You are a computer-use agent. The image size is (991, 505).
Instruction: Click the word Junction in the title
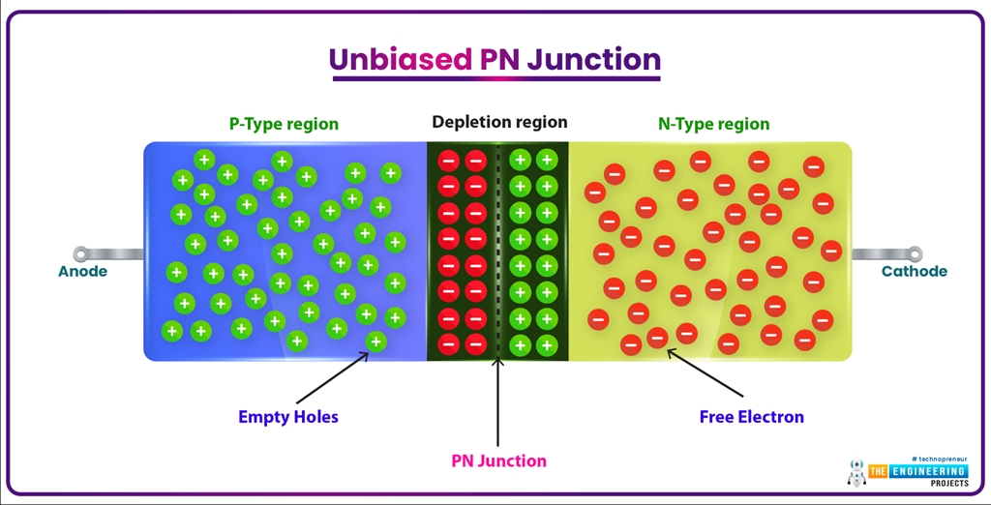click(591, 59)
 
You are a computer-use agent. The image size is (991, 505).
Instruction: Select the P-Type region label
click(284, 124)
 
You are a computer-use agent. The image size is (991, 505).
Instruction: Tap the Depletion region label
click(499, 122)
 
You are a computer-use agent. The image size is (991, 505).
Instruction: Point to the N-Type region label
click(714, 124)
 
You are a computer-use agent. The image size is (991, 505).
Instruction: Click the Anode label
click(82, 272)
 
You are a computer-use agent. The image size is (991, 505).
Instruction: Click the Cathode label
click(914, 272)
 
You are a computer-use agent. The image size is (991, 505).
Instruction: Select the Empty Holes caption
click(288, 418)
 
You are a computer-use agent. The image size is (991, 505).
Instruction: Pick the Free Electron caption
click(751, 418)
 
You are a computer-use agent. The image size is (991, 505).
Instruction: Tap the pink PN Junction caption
click(498, 461)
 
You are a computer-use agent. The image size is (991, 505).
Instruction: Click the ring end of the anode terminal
click(81, 254)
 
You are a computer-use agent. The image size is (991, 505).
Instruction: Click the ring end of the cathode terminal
click(914, 254)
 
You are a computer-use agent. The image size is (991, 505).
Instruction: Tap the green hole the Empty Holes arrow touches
click(375, 341)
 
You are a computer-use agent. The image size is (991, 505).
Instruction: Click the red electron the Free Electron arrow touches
click(657, 338)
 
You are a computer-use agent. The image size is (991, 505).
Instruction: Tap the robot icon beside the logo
click(856, 473)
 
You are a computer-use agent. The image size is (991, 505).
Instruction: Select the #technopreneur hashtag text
click(939, 459)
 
